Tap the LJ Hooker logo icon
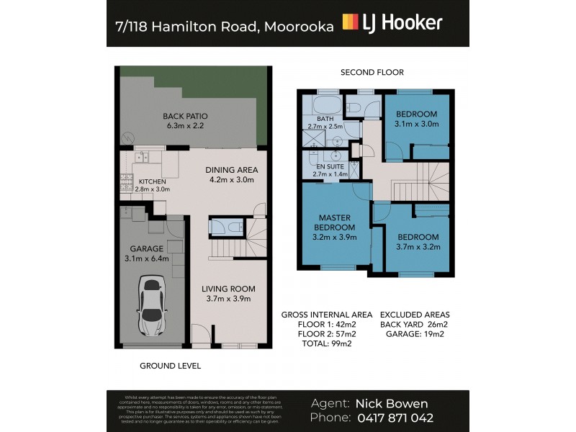coord(351,22)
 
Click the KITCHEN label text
coord(153,181)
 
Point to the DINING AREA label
coord(232,170)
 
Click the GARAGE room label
coord(145,248)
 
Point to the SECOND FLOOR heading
coord(372,72)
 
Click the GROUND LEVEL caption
coord(169,366)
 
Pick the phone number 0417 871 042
coord(395,418)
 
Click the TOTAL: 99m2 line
coord(326,345)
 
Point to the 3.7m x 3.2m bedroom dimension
coord(417,248)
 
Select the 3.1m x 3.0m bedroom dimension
coord(416,124)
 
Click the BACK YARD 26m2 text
coord(415,325)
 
